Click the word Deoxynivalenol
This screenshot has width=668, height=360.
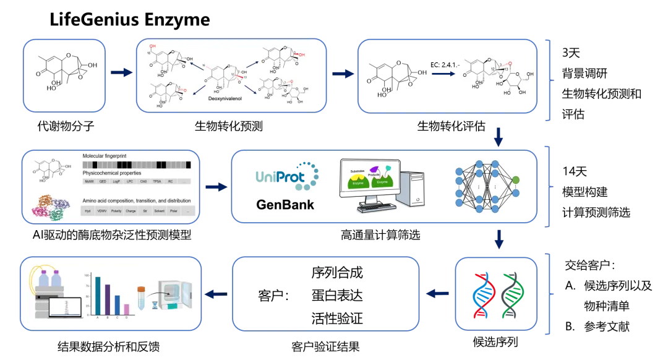tap(224, 98)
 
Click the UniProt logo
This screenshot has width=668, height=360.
tap(287, 175)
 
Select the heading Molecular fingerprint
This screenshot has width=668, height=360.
tap(105, 156)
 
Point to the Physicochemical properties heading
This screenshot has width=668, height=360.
tap(112, 173)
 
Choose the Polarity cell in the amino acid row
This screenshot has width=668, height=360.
tap(116, 211)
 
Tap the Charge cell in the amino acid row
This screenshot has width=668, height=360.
tap(131, 211)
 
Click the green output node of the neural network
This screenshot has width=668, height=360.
tap(515, 180)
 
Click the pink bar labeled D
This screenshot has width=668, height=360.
tap(127, 309)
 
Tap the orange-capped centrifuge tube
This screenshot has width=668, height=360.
tap(141, 298)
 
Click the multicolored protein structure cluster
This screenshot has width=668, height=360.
tap(54, 207)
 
